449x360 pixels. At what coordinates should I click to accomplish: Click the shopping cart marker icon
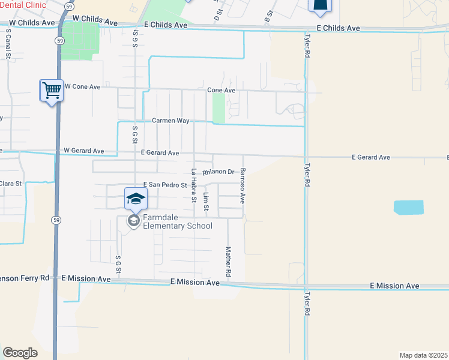tap(52, 91)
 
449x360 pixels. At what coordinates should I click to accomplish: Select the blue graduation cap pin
tap(136, 198)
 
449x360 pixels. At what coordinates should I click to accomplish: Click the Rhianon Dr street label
tap(218, 172)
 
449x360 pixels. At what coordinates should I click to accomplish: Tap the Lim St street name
tap(206, 201)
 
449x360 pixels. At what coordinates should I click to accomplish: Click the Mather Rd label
tap(228, 261)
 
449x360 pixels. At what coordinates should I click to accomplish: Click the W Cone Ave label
tap(82, 86)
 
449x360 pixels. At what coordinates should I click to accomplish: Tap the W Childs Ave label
tap(92, 20)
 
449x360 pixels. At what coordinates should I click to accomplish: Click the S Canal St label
tap(8, 46)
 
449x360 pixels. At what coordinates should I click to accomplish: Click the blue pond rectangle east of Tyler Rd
tap(408, 208)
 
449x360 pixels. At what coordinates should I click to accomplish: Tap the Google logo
tap(20, 352)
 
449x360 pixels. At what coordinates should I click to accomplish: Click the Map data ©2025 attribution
tap(423, 355)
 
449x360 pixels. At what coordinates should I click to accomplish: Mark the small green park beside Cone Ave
tap(218, 108)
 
